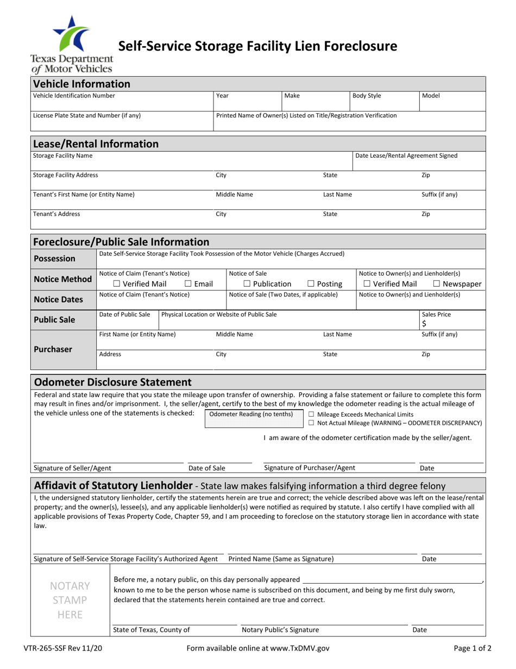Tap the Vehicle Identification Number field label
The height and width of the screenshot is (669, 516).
pyautogui.click(x=74, y=96)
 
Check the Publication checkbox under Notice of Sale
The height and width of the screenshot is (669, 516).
pyautogui.click(x=247, y=284)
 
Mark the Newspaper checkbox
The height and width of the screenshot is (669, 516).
pyautogui.click(x=437, y=284)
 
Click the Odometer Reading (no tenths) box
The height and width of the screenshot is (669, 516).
pyautogui.click(x=251, y=419)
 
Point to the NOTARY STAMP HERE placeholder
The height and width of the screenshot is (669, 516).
pyautogui.click(x=70, y=600)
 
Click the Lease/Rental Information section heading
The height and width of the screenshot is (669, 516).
pyautogui.click(x=96, y=144)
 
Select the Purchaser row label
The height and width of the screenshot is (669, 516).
pyautogui.click(x=53, y=349)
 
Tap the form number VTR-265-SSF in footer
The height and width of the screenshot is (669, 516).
pyautogui.click(x=60, y=648)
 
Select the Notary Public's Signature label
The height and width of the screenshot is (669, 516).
pyautogui.click(x=280, y=630)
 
